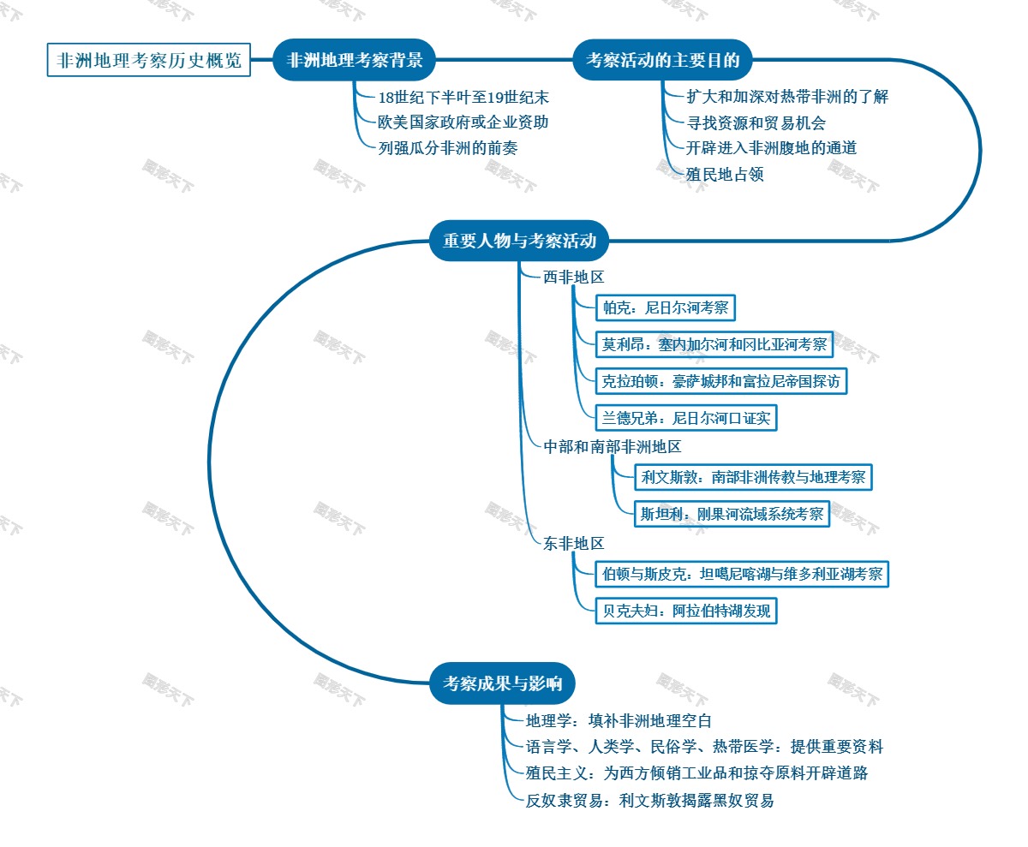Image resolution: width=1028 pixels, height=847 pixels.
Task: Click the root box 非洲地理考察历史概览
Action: click(x=149, y=61)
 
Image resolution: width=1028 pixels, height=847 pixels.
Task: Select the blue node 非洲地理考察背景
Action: click(x=355, y=61)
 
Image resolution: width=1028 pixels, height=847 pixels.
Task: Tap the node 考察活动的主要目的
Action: click(x=662, y=61)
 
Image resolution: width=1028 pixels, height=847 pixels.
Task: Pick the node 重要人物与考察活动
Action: click(x=519, y=242)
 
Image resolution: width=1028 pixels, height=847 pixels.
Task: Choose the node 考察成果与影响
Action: click(x=502, y=683)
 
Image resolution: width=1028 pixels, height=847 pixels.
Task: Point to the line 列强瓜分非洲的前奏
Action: click(x=448, y=147)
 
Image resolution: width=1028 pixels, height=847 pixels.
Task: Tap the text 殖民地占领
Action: click(x=725, y=175)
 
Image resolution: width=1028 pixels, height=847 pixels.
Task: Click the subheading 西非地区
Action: click(x=574, y=277)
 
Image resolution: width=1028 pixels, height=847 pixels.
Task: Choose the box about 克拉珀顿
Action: click(x=721, y=380)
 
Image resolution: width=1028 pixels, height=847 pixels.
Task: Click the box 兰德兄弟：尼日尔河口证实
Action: click(x=686, y=418)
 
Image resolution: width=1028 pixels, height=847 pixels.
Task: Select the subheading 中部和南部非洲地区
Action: click(x=613, y=447)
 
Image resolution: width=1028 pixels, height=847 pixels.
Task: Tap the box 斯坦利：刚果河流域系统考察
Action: click(x=732, y=514)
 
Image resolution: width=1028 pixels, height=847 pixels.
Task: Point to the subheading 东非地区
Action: click(x=574, y=544)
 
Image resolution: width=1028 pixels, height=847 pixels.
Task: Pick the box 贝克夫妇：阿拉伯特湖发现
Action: click(x=686, y=611)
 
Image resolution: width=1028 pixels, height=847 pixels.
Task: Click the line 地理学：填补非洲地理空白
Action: click(x=619, y=721)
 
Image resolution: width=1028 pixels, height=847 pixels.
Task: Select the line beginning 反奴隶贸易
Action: click(x=650, y=801)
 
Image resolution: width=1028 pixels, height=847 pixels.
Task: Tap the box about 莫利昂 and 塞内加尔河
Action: click(x=714, y=344)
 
